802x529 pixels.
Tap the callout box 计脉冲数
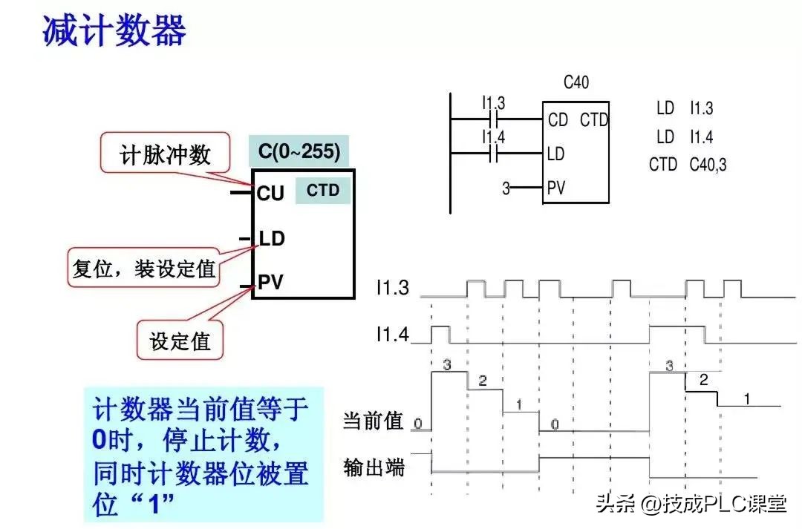coord(166,154)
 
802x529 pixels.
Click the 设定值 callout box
coord(180,341)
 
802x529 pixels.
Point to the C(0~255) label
coord(299,152)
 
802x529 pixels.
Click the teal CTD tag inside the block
coord(323,191)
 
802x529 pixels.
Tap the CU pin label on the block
coord(270,193)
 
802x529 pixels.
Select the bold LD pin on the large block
coord(272,239)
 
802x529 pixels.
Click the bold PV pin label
coord(270,282)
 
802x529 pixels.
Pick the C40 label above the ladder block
coord(576,82)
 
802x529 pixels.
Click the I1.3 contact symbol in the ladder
coord(494,119)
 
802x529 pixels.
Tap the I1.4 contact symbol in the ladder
coord(494,154)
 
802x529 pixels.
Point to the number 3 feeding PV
coord(506,188)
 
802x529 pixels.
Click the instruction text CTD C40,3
coord(688,164)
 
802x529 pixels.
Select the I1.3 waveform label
coord(392,288)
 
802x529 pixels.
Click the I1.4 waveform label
coord(392,335)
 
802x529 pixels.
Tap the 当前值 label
coord(373,421)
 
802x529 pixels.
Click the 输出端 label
coord(374,467)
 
